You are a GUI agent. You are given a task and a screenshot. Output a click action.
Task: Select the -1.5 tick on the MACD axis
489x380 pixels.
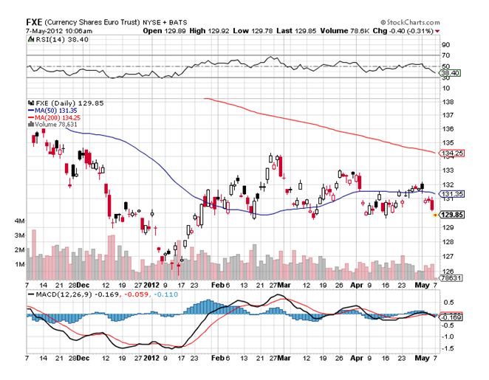tap(447, 347)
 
